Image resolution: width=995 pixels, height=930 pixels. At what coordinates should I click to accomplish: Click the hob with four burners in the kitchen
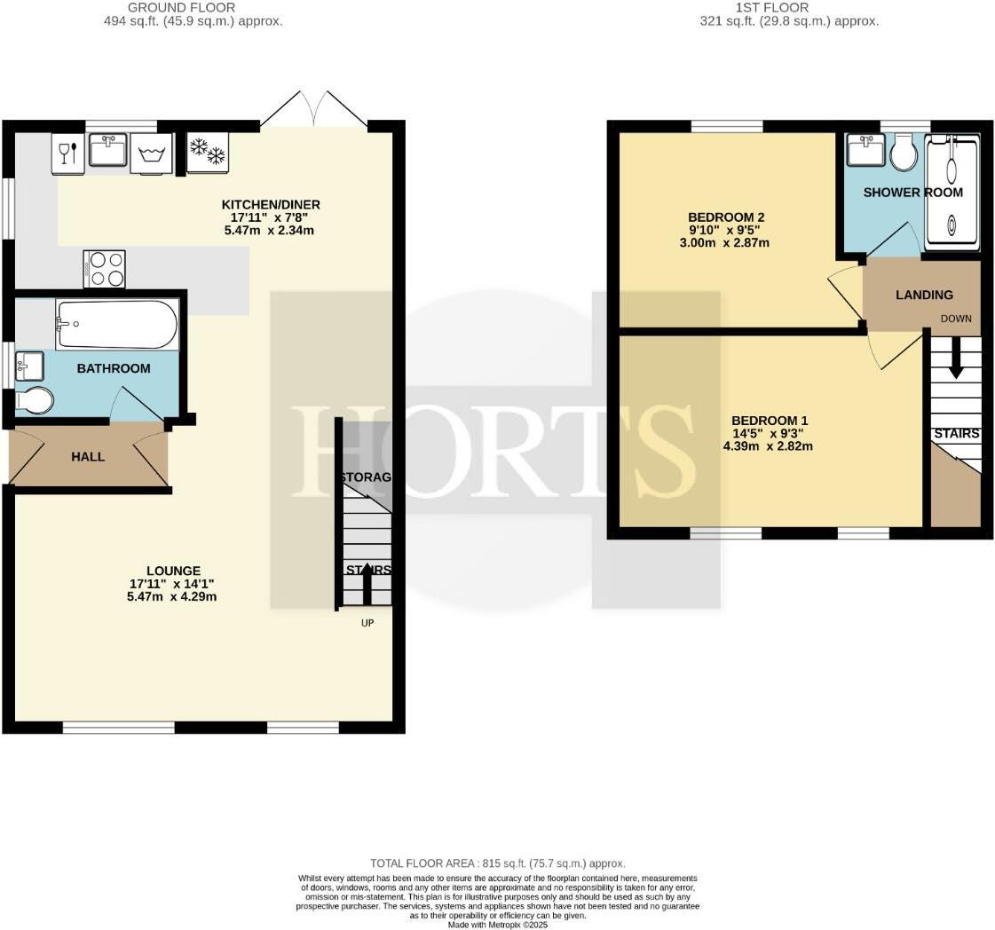[104, 269]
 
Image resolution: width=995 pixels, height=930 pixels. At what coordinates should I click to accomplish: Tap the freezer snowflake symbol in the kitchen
[208, 153]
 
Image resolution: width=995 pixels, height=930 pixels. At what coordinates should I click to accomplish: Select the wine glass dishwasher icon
[67, 153]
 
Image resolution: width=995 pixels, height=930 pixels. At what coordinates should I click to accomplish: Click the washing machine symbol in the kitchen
[151, 154]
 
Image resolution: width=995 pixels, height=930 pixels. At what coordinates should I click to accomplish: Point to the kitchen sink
[108, 150]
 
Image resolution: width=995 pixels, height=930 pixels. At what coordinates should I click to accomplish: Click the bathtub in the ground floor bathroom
[117, 324]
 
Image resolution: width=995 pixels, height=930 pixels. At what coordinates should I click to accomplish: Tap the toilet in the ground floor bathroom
[34, 400]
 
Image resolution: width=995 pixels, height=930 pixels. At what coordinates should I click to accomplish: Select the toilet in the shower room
[904, 154]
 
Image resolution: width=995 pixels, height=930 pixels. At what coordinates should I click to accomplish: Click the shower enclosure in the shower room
[952, 190]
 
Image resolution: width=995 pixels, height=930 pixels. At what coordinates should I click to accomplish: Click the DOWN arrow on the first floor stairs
[955, 359]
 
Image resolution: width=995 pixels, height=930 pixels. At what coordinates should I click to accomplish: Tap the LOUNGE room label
[173, 571]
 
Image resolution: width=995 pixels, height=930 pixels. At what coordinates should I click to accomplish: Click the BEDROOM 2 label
[725, 217]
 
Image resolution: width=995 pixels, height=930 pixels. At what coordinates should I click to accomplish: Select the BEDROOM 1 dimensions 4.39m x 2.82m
[767, 446]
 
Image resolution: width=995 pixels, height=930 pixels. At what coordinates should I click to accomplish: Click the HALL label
[87, 456]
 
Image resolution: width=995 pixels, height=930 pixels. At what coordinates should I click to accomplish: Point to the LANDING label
[923, 295]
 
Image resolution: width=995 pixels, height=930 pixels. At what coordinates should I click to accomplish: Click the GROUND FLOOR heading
[181, 7]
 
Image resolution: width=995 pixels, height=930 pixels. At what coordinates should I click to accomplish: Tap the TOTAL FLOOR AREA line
[497, 863]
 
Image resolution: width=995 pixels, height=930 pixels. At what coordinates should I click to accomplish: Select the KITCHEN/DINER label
[270, 204]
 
